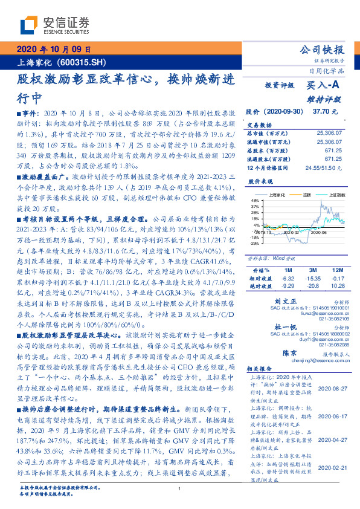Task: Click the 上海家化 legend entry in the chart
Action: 278,195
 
